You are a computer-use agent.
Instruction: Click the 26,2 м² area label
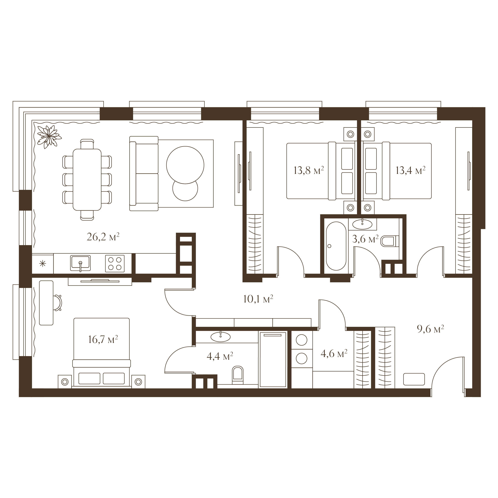pyautogui.click(x=103, y=237)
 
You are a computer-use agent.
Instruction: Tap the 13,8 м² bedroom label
pyautogui.click(x=309, y=170)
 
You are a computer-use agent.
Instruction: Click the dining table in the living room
pyautogui.click(x=87, y=180)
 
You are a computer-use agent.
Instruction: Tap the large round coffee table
pyautogui.click(x=185, y=165)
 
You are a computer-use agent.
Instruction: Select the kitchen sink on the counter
pyautogui.click(x=80, y=263)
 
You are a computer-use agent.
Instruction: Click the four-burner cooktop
pyautogui.click(x=115, y=264)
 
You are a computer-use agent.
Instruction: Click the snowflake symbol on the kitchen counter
pyautogui.click(x=42, y=264)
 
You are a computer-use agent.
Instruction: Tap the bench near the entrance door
pyautogui.click(x=414, y=379)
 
